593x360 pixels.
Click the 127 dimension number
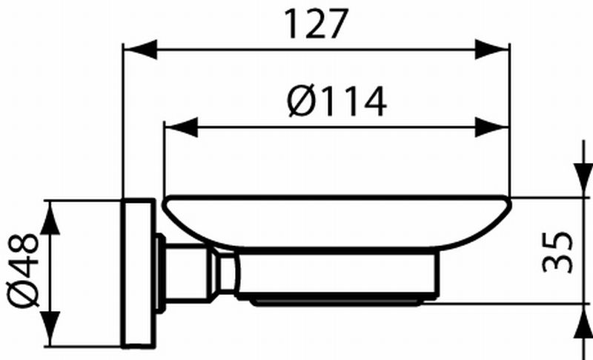tap(316, 24)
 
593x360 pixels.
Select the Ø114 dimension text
tap(337, 101)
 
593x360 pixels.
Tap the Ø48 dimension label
tap(23, 271)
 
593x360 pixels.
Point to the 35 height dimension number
tap(557, 252)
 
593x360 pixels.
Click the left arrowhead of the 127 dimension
tap(140, 49)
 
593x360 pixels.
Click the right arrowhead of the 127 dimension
tap(491, 49)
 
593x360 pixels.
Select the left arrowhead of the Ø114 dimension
tap(181, 127)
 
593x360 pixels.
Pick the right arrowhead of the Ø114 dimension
tap(491, 127)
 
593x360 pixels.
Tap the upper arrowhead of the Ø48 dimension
tap(50, 219)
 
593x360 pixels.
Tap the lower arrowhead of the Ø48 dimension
tap(50, 329)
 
